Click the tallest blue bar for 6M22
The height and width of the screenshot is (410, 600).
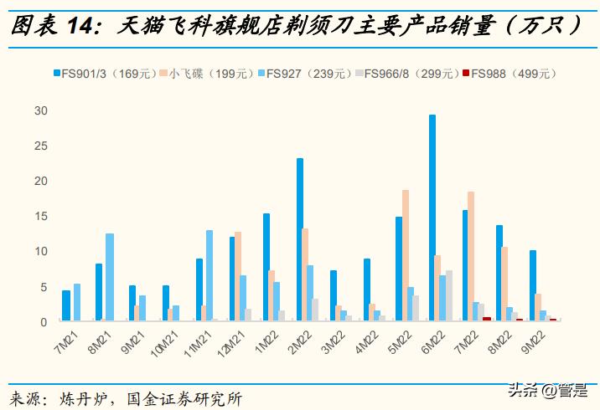[432, 218]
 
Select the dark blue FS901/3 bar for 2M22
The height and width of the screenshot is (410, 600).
[299, 239]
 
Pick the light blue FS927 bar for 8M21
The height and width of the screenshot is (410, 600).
[109, 277]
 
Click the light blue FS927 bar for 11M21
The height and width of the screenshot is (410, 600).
[209, 275]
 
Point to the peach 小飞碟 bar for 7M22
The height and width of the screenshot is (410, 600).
[471, 256]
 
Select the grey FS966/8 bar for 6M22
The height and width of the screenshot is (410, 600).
[449, 295]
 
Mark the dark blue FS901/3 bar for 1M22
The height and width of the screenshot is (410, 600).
[266, 267]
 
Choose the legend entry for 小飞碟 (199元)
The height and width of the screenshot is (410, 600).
[204, 74]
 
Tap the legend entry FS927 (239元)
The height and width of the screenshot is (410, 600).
[307, 74]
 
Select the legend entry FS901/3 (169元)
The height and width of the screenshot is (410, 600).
[106, 74]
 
